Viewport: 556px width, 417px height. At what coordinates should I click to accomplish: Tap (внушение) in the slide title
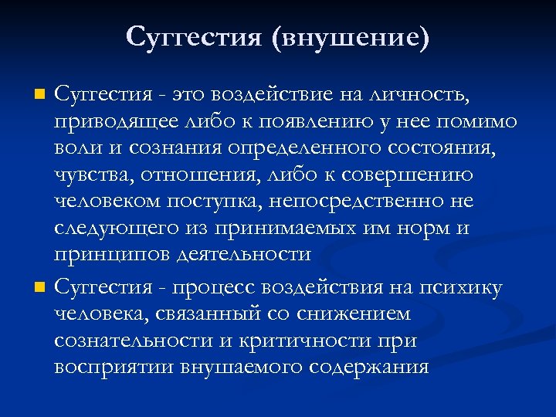(350, 37)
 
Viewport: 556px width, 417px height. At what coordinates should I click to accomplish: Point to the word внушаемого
(246, 367)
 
